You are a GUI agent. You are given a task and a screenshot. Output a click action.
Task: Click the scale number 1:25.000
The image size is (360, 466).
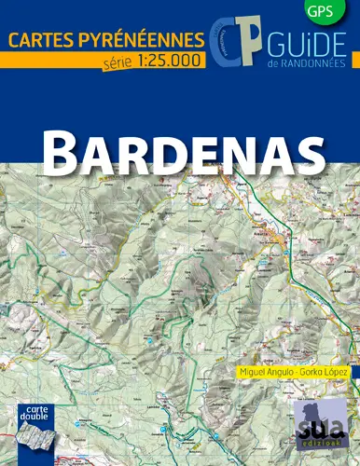click(167, 62)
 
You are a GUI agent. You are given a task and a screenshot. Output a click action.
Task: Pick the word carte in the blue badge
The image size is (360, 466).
click(35, 409)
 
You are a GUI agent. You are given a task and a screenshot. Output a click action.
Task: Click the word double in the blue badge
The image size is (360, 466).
click(35, 418)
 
